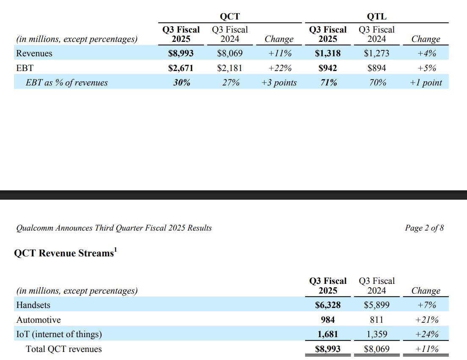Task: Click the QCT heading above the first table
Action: coord(229,16)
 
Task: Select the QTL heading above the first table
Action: coord(377,16)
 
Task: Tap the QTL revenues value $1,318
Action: coord(328,53)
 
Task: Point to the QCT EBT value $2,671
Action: coord(181,68)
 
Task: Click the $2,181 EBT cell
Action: coord(229,68)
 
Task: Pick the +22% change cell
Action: coord(280,68)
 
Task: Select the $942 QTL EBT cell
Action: coord(328,68)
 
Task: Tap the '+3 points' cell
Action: coord(279,83)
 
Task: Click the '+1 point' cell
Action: coord(426,83)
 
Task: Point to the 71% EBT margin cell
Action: coord(329,83)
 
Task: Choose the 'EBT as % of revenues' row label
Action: coord(67,83)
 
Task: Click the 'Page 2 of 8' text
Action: coord(424,228)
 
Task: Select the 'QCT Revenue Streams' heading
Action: coord(66,253)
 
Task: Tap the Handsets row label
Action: coord(33,305)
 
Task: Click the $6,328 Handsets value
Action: coord(328,305)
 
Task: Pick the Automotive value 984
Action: coord(328,320)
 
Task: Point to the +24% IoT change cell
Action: coord(427,334)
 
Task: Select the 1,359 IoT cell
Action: coord(377,334)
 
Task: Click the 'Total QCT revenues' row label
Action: coord(64,349)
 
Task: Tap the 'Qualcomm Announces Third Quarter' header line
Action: coord(114,228)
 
